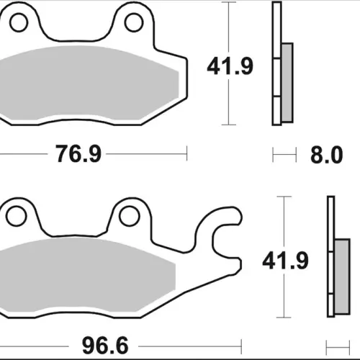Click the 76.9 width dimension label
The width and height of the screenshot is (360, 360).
[x=78, y=153]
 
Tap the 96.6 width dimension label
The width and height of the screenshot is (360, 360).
[x=105, y=346]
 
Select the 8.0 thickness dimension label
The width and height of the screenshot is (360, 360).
[x=327, y=155]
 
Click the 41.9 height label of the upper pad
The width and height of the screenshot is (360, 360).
[x=230, y=66]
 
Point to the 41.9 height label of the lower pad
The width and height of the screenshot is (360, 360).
[x=285, y=261]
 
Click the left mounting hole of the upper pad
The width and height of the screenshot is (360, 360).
[x=19, y=22]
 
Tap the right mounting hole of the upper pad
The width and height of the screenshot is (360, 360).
[x=134, y=22]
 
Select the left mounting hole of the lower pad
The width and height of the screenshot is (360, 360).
[x=16, y=216]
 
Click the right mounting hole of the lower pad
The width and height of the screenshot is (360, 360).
[x=130, y=216]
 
